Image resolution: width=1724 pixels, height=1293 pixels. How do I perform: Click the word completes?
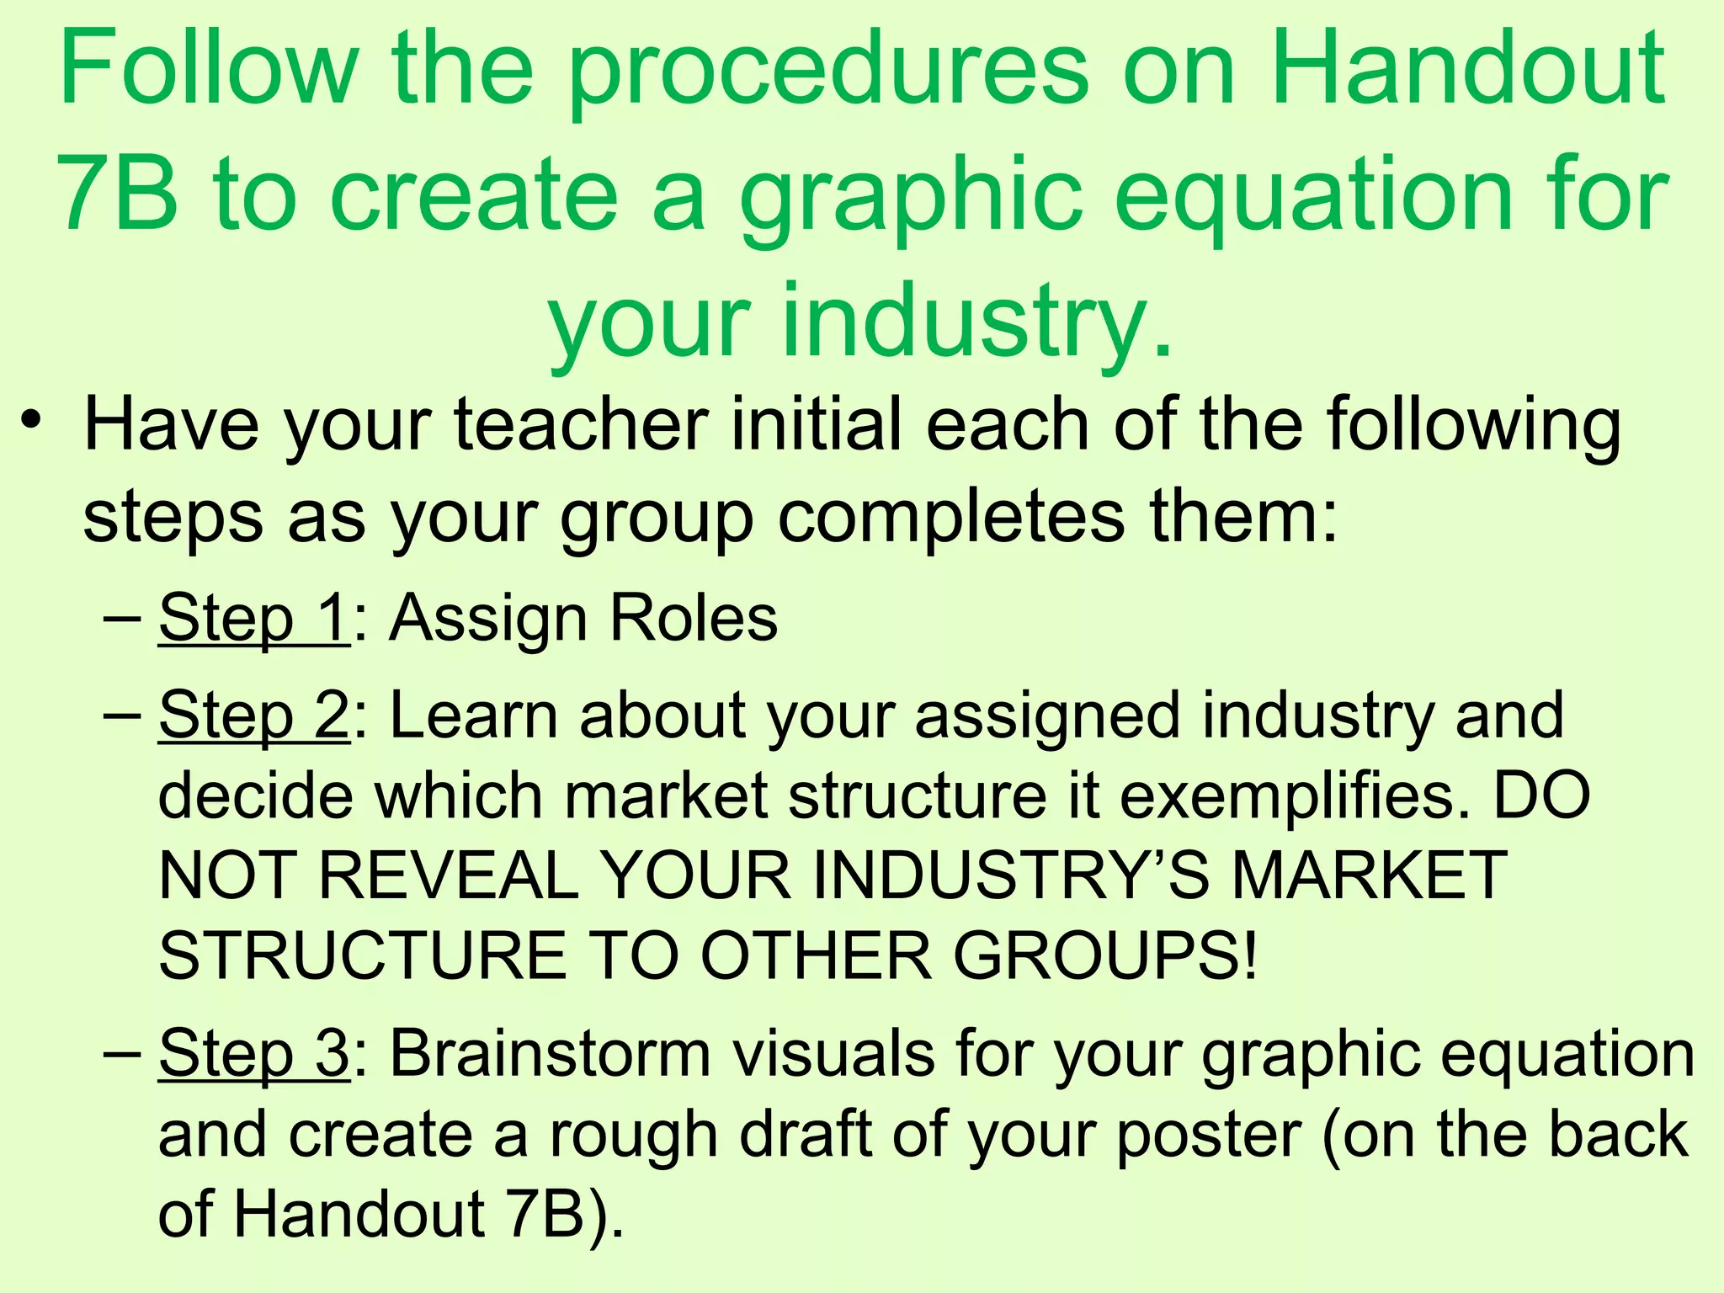(950, 518)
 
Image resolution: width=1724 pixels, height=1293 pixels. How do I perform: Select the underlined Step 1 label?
(253, 619)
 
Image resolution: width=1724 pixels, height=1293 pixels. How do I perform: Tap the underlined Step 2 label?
(253, 716)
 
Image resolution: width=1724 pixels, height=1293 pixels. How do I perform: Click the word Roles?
(694, 619)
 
